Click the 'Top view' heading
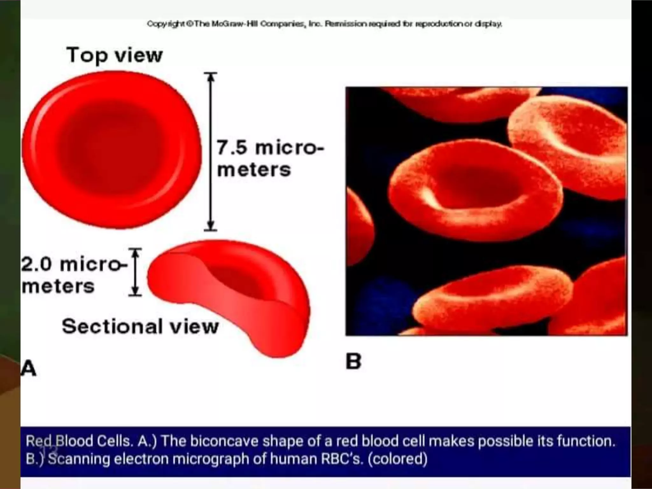click(115, 55)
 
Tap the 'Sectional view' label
click(140, 326)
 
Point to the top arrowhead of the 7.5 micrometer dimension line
click(210, 76)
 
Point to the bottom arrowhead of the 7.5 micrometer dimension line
click(210, 225)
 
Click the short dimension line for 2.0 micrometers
click(135, 272)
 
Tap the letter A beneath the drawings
click(29, 369)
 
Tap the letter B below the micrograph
click(353, 362)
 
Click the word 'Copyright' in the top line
click(166, 24)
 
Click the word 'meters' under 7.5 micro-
click(254, 169)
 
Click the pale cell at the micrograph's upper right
click(570, 140)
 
